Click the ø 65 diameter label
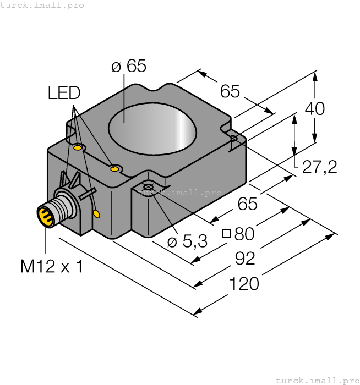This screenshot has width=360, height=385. pyautogui.click(x=128, y=67)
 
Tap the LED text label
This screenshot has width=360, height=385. pyautogui.click(x=64, y=93)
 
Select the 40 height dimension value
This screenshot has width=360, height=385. pyautogui.click(x=315, y=109)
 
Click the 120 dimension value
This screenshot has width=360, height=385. pyautogui.click(x=243, y=283)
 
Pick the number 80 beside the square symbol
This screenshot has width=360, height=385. pyautogui.click(x=244, y=234)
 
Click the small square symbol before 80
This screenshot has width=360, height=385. pyautogui.click(x=226, y=233)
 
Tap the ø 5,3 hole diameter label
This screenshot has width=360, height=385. pyautogui.click(x=187, y=241)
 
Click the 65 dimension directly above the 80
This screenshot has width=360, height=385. pyautogui.click(x=247, y=204)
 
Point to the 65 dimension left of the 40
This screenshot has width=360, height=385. pyautogui.click(x=230, y=91)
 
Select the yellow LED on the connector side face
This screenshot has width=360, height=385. pyautogui.click(x=97, y=213)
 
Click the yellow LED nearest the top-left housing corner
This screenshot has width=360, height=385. pyautogui.click(x=78, y=147)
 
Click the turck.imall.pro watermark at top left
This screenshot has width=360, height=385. pyautogui.click(x=42, y=5)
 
